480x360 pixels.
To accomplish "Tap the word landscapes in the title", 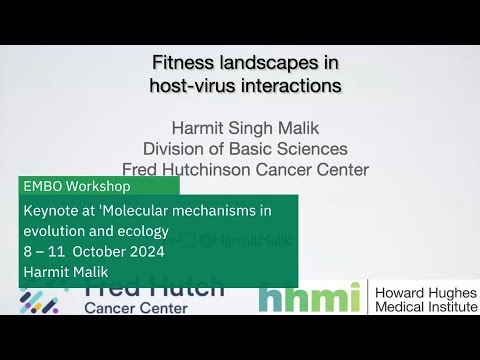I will [272, 63].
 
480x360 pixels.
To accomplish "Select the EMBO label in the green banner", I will [43, 187].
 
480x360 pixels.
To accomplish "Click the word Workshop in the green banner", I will [98, 187].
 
